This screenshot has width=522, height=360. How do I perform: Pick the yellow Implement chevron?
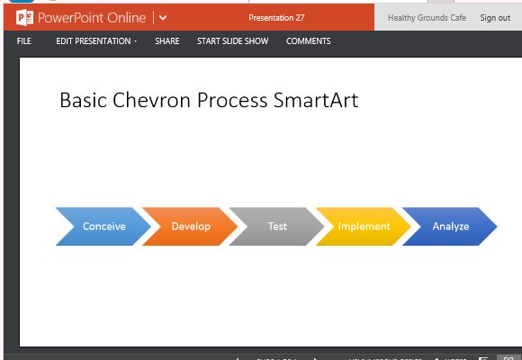(364, 226)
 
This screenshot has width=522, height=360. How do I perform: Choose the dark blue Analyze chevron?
(450, 226)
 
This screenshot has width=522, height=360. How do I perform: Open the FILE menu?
(23, 41)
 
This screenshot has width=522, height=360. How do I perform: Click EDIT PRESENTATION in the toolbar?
(96, 41)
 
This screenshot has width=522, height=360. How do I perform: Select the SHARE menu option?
(166, 41)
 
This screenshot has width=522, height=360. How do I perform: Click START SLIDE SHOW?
(232, 41)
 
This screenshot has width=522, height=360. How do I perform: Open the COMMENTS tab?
(308, 41)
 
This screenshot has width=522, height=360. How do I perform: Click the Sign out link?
(495, 18)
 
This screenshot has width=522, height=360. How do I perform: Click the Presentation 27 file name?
(276, 18)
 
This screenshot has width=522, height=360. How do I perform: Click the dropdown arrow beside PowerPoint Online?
(163, 18)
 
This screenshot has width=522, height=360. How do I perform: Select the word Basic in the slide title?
(82, 100)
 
